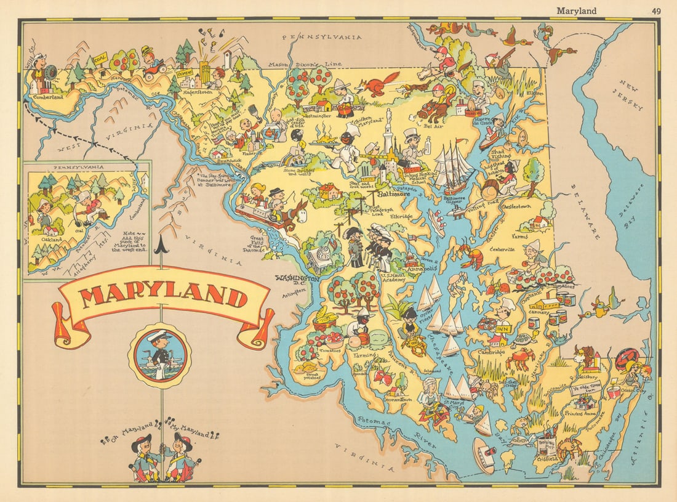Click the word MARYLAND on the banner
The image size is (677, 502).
point(162,296)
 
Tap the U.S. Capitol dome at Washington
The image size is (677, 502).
point(320,256)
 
